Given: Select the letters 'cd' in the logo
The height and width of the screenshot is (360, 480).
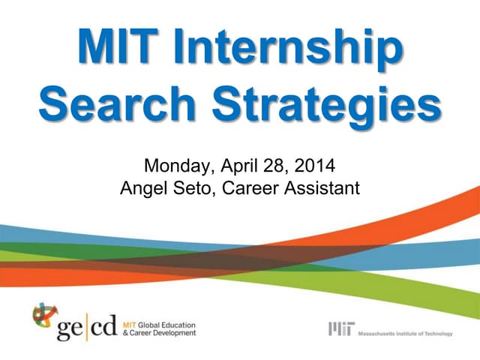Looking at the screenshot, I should tap(105, 327).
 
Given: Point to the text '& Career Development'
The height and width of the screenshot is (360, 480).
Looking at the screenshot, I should tap(158, 332).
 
